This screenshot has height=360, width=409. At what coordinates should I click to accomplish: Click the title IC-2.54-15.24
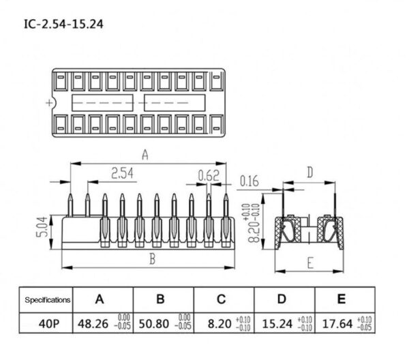point(65,26)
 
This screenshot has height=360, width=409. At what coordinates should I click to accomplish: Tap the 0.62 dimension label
point(208,176)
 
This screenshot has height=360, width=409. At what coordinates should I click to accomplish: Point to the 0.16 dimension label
point(250,181)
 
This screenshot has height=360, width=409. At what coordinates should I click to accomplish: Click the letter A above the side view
point(145,155)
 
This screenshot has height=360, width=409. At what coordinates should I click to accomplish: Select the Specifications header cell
point(48,299)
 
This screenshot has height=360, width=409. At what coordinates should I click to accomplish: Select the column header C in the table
point(222,299)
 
